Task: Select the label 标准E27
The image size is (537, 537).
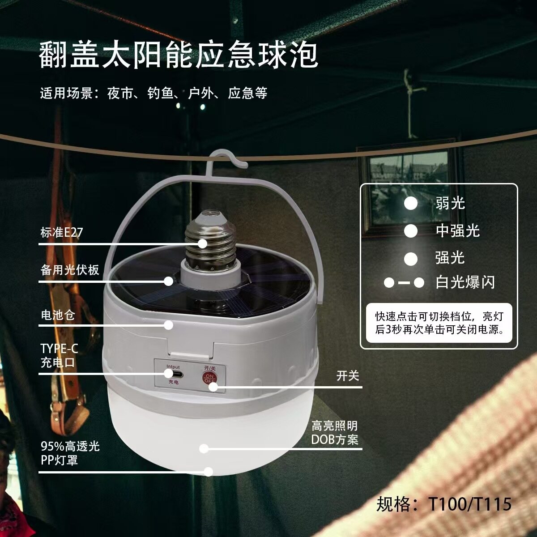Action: click(x=62, y=232)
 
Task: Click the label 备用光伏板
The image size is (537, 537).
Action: click(x=70, y=270)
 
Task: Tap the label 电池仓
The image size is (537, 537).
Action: click(x=58, y=315)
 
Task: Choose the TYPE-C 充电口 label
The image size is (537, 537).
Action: click(x=60, y=355)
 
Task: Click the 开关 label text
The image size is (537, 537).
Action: click(x=348, y=375)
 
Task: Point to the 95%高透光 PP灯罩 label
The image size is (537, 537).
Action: click(x=70, y=453)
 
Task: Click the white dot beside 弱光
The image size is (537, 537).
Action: click(x=410, y=203)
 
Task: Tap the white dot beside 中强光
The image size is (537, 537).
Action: click(x=410, y=231)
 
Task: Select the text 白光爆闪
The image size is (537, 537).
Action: click(x=465, y=282)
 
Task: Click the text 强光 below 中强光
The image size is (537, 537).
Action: click(x=450, y=257)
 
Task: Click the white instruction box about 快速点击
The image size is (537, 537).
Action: click(x=439, y=323)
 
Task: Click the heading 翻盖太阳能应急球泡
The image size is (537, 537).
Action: click(x=179, y=54)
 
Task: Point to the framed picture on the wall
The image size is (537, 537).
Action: click(x=409, y=189)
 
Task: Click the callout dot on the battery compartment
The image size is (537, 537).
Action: click(x=168, y=325)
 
